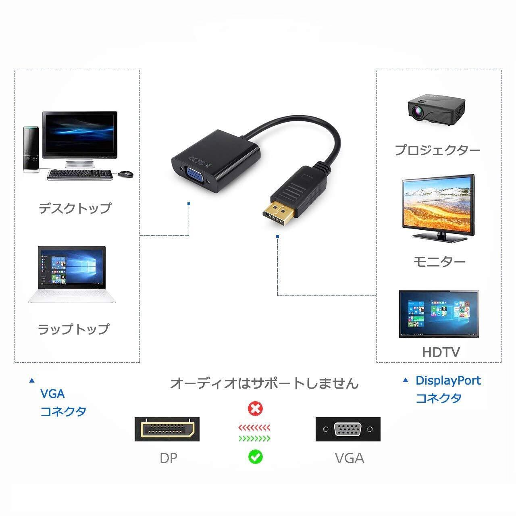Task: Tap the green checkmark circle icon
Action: tap(255, 457)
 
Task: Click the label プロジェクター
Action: tap(437, 150)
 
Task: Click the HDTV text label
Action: tap(441, 352)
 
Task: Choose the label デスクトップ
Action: tap(75, 208)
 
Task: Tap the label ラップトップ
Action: tap(73, 329)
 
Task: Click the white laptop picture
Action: tap(72, 274)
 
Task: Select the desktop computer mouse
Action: tap(126, 173)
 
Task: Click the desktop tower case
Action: tap(31, 149)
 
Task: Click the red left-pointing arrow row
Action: tap(254, 427)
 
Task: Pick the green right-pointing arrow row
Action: tap(254, 438)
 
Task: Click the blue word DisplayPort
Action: tap(448, 381)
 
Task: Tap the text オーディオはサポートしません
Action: tap(264, 383)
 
